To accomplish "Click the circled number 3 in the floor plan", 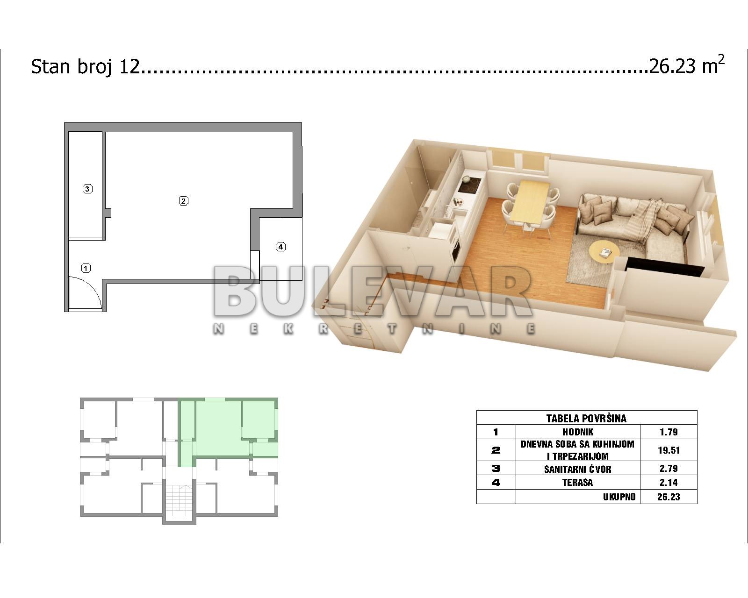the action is pyautogui.click(x=87, y=189).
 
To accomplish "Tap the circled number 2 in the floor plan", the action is pyautogui.click(x=184, y=200).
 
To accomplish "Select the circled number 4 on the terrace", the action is pyautogui.click(x=280, y=247).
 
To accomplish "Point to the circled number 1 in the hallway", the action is pyautogui.click(x=86, y=268).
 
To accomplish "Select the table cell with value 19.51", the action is pyautogui.click(x=669, y=450).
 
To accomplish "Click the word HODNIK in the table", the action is pyautogui.click(x=578, y=432).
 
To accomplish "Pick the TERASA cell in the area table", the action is pyautogui.click(x=578, y=482).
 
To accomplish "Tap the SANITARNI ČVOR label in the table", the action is pyautogui.click(x=578, y=469).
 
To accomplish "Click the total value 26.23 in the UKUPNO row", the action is pyautogui.click(x=669, y=497).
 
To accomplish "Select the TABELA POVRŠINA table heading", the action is pyautogui.click(x=586, y=418).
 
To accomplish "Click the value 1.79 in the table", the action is pyautogui.click(x=669, y=432).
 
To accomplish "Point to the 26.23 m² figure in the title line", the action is pyautogui.click(x=687, y=65).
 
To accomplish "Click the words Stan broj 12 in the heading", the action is pyautogui.click(x=85, y=66).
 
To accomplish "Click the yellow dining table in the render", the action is pyautogui.click(x=530, y=202).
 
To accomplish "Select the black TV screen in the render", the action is pyautogui.click(x=664, y=266).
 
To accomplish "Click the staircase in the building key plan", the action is pyautogui.click(x=180, y=502).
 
